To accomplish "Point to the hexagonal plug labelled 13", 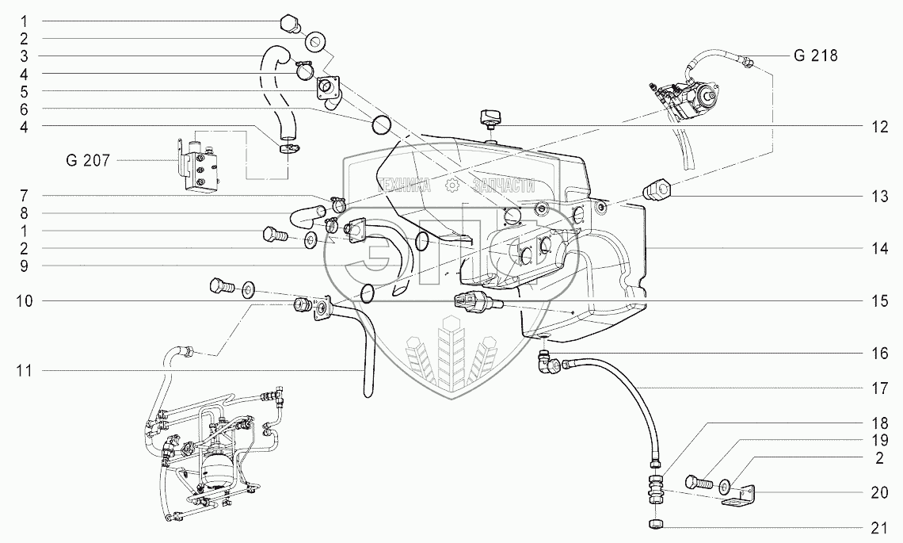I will tap(657, 190).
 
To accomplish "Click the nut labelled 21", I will tap(656, 524).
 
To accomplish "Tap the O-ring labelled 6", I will tap(382, 124).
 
